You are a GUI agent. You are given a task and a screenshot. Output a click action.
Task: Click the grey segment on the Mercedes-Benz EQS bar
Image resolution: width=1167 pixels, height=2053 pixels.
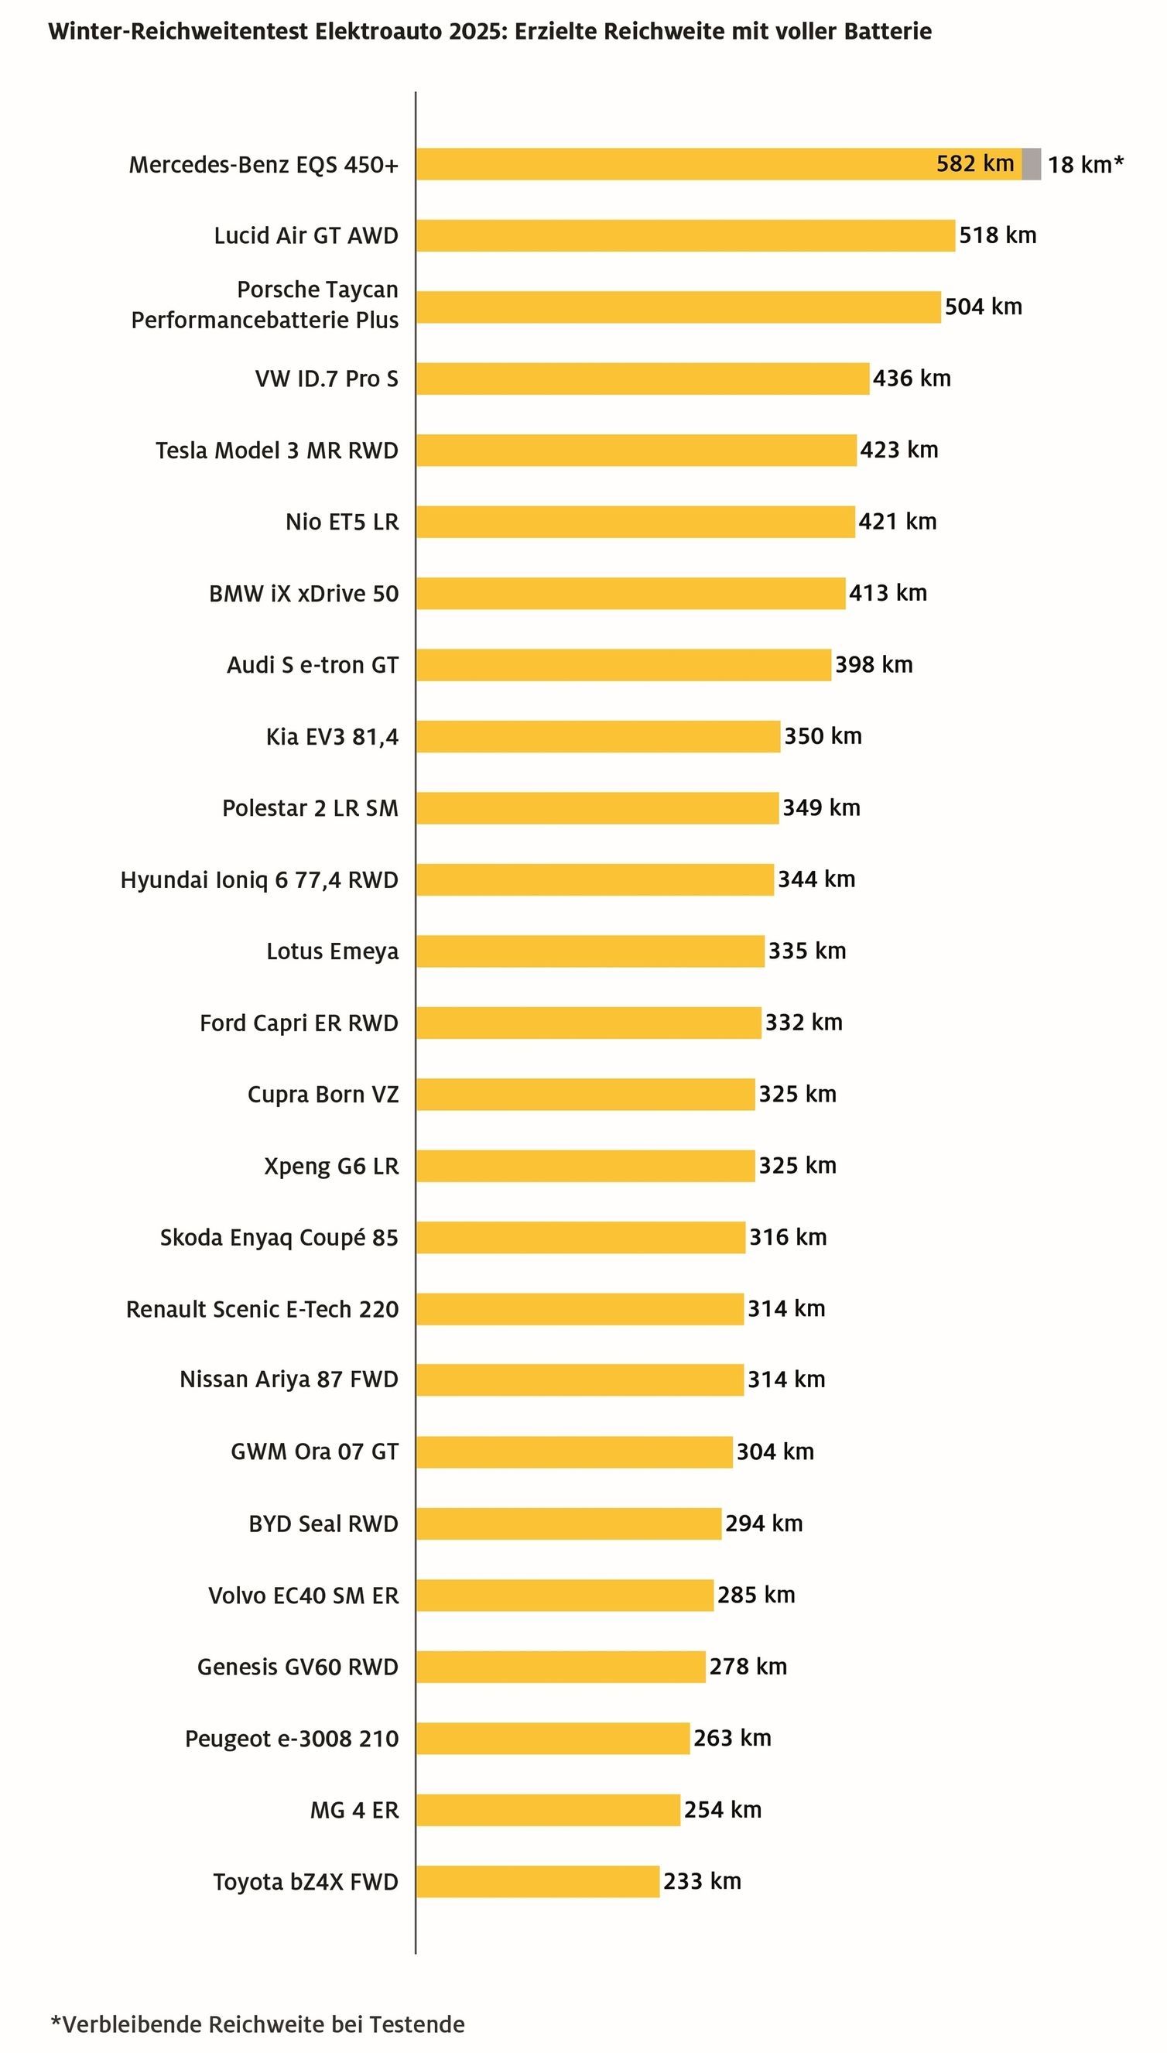(1032, 164)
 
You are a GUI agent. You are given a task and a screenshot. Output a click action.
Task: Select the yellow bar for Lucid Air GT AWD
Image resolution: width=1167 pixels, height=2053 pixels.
(686, 235)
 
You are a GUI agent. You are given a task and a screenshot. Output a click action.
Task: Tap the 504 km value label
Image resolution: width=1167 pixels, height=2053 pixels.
(984, 307)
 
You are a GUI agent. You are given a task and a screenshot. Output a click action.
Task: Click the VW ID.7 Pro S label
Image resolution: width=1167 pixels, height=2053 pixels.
(327, 379)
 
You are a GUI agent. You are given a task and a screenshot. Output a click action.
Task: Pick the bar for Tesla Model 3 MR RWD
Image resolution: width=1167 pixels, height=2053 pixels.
(636, 451)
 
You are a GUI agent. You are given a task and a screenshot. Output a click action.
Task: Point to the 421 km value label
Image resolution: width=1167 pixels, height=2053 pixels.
(898, 522)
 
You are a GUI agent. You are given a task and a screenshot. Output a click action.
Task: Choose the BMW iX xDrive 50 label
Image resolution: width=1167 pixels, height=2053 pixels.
(304, 594)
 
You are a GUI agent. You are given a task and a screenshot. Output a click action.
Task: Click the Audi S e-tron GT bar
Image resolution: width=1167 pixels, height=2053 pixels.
(624, 665)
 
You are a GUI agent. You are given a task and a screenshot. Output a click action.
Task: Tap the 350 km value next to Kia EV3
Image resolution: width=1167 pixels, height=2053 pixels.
(823, 737)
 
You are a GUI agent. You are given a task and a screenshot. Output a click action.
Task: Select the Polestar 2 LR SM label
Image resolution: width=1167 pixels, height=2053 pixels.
(310, 808)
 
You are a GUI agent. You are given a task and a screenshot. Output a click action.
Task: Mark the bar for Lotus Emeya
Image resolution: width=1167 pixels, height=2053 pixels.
(590, 951)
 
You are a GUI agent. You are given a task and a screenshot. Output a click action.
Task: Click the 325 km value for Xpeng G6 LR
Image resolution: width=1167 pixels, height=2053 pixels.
(798, 1166)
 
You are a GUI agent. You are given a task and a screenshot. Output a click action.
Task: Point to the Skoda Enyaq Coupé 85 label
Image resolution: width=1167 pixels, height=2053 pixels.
(279, 1238)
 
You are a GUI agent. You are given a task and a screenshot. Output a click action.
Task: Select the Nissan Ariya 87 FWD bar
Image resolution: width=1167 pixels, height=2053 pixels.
(580, 1380)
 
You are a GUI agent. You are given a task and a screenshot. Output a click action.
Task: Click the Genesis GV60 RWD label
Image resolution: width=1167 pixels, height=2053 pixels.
(297, 1667)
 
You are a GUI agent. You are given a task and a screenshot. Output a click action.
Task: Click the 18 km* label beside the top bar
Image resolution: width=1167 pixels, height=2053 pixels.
(1085, 165)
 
